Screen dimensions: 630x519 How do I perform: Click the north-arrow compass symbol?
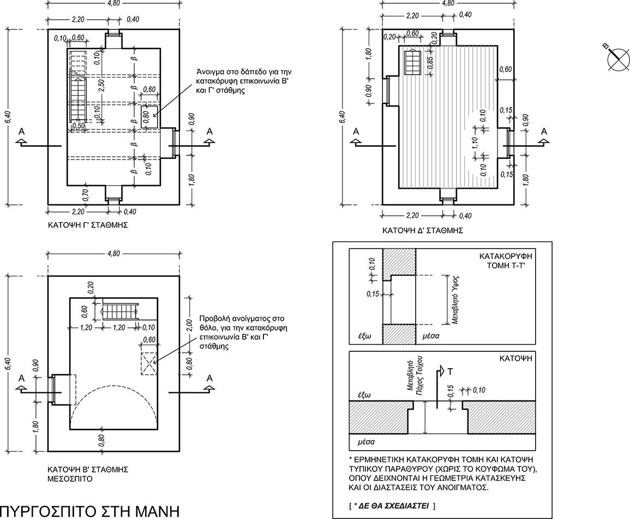pos(618,59)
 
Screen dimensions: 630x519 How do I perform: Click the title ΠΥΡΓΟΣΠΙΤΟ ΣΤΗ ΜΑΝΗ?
pos(89,511)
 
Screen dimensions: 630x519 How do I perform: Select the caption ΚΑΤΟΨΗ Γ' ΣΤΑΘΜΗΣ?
pos(88,225)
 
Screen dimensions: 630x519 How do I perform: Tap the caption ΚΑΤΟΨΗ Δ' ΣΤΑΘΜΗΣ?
pos(423,231)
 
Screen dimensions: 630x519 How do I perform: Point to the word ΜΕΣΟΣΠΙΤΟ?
pos(70,479)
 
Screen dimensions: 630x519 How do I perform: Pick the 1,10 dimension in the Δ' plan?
pos(475,143)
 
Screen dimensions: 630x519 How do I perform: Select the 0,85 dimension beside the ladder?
pos(430,63)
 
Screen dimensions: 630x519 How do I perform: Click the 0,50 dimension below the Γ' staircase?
pos(79,126)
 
